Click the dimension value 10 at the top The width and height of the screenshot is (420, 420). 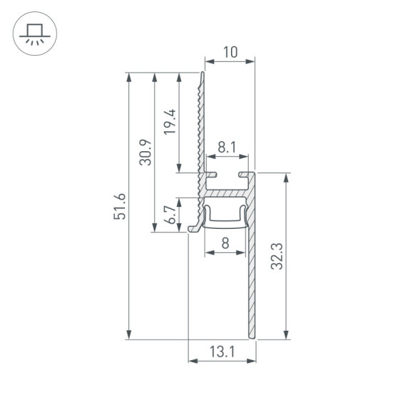(x=229, y=52)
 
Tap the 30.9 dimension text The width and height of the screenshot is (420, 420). (x=146, y=152)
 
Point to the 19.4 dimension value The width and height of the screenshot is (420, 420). (x=169, y=122)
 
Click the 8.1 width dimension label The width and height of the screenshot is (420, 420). (x=228, y=148)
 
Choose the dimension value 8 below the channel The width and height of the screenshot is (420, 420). (x=225, y=243)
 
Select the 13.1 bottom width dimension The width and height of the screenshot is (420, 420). (x=222, y=351)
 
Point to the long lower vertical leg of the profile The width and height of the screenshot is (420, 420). (x=252, y=285)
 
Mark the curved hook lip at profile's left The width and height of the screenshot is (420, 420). (x=195, y=227)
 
